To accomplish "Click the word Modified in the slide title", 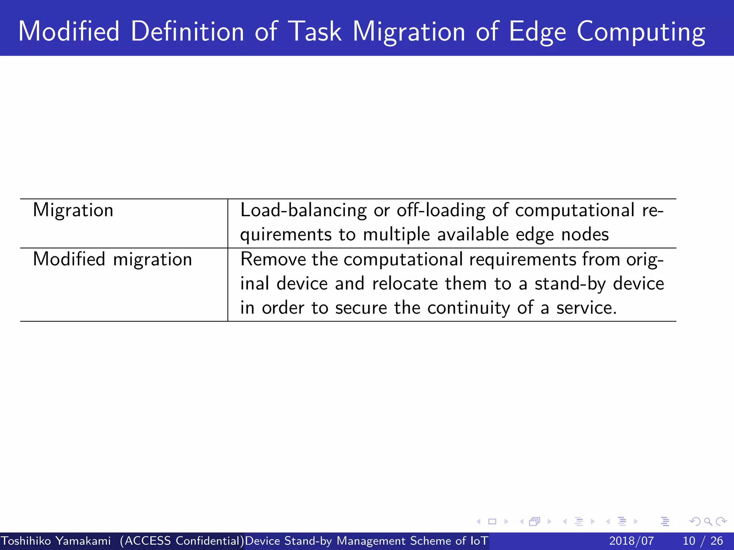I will pyautogui.click(x=69, y=32).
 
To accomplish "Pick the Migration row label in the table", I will pyautogui.click(x=73, y=210).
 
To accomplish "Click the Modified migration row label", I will pyautogui.click(x=113, y=259).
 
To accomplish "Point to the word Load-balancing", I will pyautogui.click(x=303, y=210).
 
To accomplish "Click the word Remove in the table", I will pyautogui.click(x=273, y=259).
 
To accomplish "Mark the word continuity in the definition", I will pyautogui.click(x=468, y=308).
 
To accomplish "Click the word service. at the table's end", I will pyautogui.click(x=586, y=308).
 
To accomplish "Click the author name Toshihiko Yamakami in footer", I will pyautogui.click(x=56, y=541).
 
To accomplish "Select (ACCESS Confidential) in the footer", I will pyautogui.click(x=182, y=541).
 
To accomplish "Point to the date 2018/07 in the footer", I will pyautogui.click(x=631, y=541).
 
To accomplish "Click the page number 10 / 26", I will pyautogui.click(x=703, y=541).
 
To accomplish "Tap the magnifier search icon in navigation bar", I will pyautogui.click(x=708, y=521).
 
